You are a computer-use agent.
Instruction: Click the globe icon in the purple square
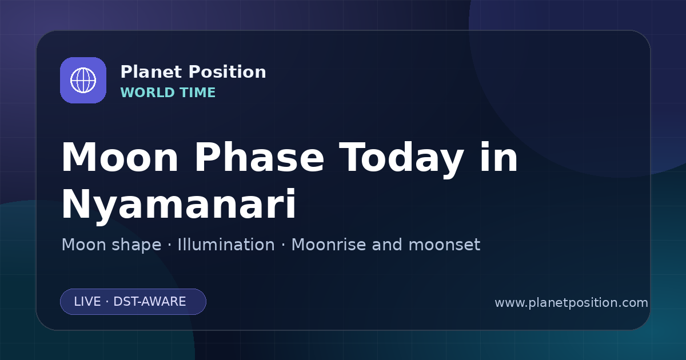point(83,80)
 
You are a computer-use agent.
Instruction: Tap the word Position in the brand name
point(228,72)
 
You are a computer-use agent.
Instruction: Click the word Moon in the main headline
point(119,158)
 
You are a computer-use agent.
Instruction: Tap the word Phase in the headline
point(259,157)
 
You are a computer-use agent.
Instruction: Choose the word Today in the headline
point(401,160)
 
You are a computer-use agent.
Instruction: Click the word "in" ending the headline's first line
point(499,157)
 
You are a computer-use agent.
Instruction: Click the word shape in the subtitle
point(136,246)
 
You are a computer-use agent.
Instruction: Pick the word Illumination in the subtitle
point(226,245)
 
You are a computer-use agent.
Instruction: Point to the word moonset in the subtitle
point(444,245)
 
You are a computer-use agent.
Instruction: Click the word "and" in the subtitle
point(387,245)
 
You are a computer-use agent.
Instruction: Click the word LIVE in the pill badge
point(87,302)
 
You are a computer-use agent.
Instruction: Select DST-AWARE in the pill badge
point(149,302)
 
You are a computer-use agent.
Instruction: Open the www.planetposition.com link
point(571,303)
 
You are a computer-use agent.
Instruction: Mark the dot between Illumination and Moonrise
point(283,245)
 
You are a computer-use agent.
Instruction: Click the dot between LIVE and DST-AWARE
point(107,302)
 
